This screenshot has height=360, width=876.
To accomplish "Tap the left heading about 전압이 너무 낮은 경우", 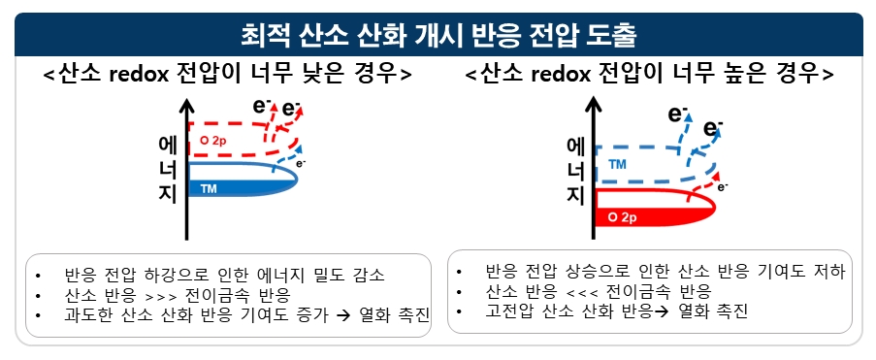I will click(x=228, y=75).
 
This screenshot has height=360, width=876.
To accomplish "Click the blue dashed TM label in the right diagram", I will click(x=616, y=165).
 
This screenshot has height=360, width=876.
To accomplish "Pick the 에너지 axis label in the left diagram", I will click(x=167, y=170).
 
